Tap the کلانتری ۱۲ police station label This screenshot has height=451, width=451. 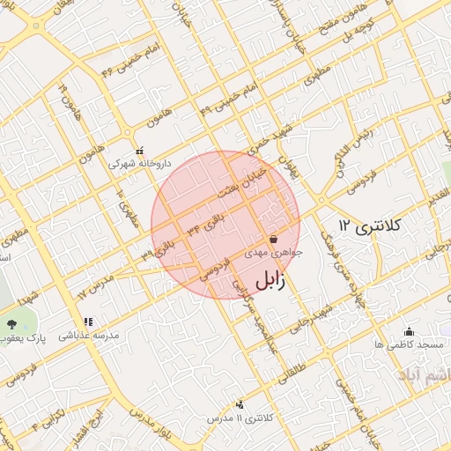pos(370,227)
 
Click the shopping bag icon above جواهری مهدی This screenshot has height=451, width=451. pos(273,239)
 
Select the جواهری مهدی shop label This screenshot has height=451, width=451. pos(278,252)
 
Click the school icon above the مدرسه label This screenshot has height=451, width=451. pos(86,322)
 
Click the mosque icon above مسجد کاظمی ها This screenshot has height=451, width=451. pos(409,332)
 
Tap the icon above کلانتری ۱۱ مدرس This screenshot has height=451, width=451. pos(240,404)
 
